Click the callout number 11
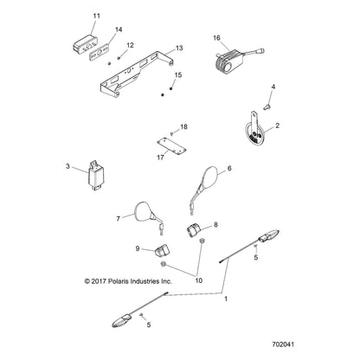click(96, 16)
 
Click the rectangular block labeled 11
click(85, 40)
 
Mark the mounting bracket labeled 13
click(138, 77)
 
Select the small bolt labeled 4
click(268, 106)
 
